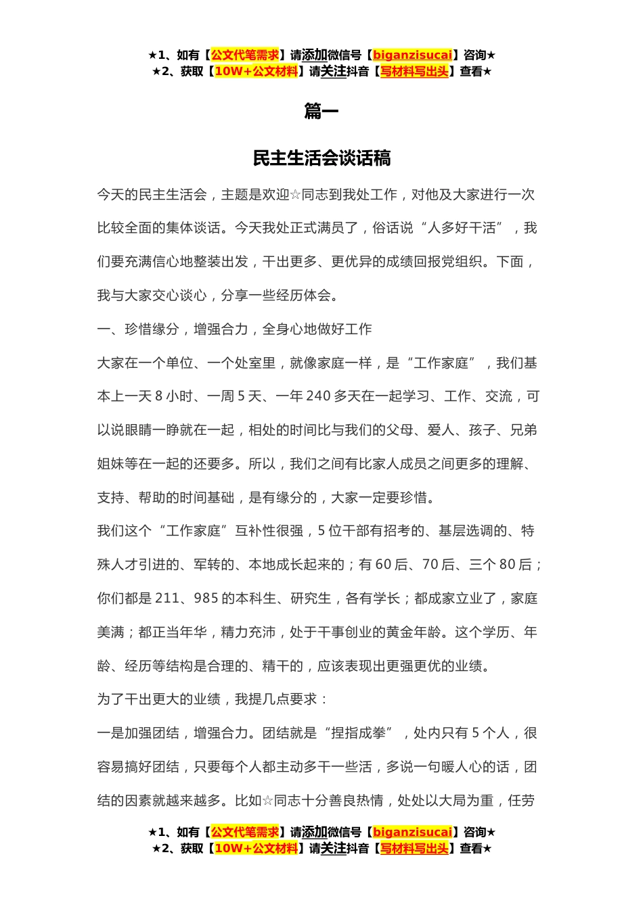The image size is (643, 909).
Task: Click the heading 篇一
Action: click(x=321, y=111)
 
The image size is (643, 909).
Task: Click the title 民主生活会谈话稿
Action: click(x=321, y=158)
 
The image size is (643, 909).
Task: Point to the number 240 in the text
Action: click(x=317, y=396)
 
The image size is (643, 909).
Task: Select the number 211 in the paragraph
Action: click(x=167, y=599)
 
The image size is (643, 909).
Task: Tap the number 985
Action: click(x=206, y=599)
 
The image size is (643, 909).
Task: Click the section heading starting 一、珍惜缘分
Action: click(x=234, y=329)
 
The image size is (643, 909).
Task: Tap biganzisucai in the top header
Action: click(x=412, y=55)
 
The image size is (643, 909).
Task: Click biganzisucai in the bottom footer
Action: click(x=412, y=832)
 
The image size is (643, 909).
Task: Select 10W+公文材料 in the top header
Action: click(x=256, y=71)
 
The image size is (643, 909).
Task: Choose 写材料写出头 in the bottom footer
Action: click(x=414, y=848)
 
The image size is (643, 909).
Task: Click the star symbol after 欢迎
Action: click(x=295, y=195)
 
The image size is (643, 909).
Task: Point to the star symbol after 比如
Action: click(x=267, y=801)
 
